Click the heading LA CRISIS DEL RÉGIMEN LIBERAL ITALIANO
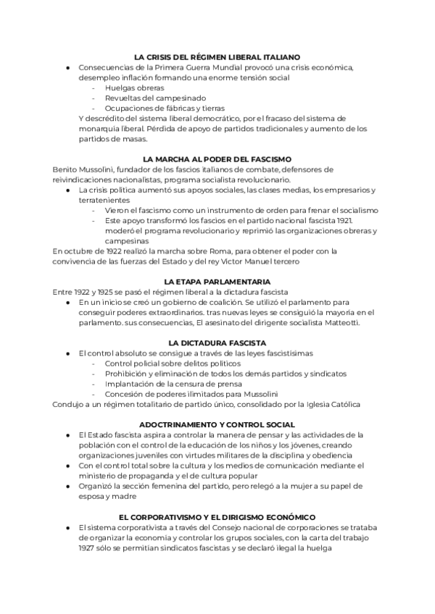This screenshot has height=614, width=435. click(217, 56)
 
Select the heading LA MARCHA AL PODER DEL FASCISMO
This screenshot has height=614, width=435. click(217, 159)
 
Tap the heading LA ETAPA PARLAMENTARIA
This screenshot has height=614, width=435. click(217, 281)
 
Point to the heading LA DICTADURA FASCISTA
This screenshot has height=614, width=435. click(217, 342)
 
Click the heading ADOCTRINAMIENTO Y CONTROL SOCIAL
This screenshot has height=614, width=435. click(217, 424)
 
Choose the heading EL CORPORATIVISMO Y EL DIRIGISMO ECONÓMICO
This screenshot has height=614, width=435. click(217, 517)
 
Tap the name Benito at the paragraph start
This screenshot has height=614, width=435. click(65, 169)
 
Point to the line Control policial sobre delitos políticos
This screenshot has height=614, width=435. click(173, 363)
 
